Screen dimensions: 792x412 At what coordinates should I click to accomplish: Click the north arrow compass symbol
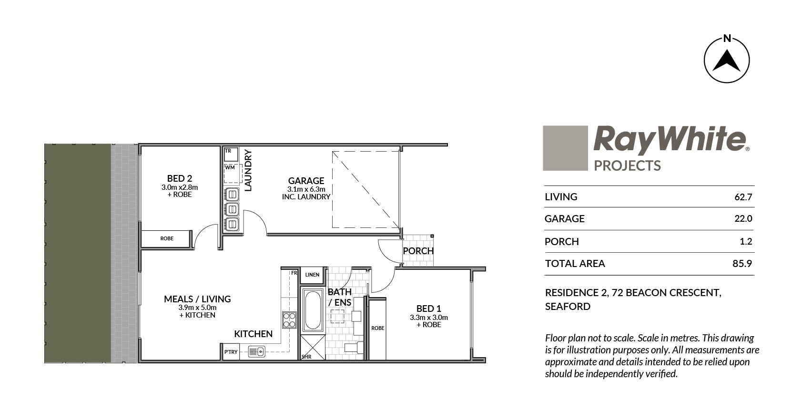pyautogui.click(x=727, y=60)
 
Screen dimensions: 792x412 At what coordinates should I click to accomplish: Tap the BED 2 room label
pyautogui.click(x=180, y=178)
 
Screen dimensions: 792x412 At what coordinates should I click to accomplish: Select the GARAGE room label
pyautogui.click(x=306, y=181)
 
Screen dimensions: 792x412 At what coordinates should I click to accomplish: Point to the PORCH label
pyautogui.click(x=418, y=251)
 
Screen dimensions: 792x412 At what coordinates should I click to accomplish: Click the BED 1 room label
pyautogui.click(x=428, y=309)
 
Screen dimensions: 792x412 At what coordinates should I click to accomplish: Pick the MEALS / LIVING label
pyautogui.click(x=197, y=299)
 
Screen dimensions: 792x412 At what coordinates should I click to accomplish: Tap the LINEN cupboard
pyautogui.click(x=312, y=275)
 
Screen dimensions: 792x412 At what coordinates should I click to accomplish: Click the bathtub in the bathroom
pyautogui.click(x=313, y=310)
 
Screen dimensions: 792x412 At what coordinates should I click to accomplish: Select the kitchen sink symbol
pyautogui.click(x=256, y=351)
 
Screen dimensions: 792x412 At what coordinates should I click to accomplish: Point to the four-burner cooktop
pyautogui.click(x=289, y=320)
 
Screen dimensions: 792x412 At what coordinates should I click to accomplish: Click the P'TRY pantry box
pyautogui.click(x=231, y=352)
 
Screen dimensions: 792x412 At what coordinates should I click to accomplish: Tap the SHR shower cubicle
pyautogui.click(x=313, y=348)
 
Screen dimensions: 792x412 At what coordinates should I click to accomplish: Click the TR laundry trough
pyautogui.click(x=231, y=154)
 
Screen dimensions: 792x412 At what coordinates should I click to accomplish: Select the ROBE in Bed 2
pyautogui.click(x=166, y=239)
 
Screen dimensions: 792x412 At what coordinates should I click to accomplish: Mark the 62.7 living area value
pyautogui.click(x=743, y=197)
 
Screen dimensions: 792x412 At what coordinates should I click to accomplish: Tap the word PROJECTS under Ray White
pyautogui.click(x=627, y=165)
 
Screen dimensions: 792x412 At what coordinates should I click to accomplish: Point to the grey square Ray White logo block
pyautogui.click(x=565, y=148)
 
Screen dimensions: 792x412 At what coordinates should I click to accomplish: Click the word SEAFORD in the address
pyautogui.click(x=568, y=307)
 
